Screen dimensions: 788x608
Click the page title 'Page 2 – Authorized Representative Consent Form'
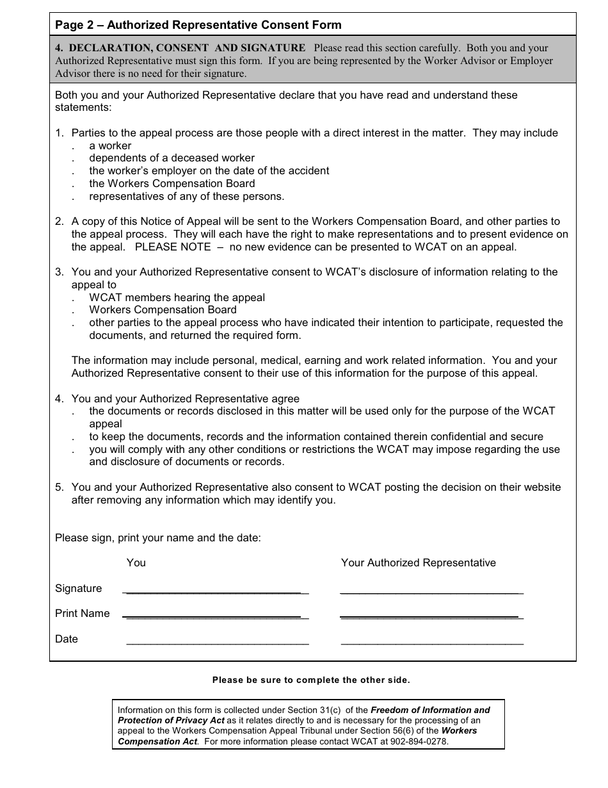[198, 25]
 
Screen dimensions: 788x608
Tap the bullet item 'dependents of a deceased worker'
[172, 158]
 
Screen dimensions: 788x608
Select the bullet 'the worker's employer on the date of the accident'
[209, 171]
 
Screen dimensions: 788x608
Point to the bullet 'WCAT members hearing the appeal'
[177, 298]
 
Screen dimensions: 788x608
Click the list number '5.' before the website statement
[60, 488]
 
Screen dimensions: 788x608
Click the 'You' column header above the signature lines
[136, 563]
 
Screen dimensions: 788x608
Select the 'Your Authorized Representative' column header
[418, 563]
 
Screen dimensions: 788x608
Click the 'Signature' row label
[78, 589]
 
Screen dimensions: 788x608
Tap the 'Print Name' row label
[82, 614]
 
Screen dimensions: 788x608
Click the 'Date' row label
[66, 639]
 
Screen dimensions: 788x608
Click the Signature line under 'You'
[216, 591]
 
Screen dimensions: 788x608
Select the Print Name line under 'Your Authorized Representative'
[431, 616]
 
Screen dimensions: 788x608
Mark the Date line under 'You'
[218, 641]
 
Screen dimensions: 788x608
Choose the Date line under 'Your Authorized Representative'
[432, 641]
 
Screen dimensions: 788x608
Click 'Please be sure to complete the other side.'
[311, 680]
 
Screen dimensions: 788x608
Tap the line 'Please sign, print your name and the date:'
[157, 538]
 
